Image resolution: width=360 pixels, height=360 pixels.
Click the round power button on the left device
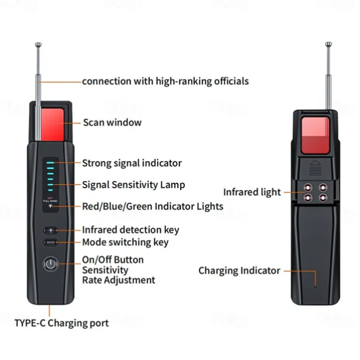51,264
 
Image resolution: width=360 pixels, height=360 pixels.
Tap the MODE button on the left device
51,243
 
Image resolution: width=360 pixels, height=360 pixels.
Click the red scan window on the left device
53,125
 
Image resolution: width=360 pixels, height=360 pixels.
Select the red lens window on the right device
316,135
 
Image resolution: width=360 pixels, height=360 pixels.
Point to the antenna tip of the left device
38,44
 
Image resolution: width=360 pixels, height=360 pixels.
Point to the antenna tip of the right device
329,44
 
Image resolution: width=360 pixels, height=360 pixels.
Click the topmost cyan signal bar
51,163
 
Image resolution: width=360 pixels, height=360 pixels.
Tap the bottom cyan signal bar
51,190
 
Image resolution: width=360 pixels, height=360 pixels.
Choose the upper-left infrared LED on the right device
308,188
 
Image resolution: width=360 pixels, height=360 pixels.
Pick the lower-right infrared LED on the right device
323,198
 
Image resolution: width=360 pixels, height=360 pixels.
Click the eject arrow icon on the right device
315,168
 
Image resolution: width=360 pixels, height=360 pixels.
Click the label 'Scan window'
112,122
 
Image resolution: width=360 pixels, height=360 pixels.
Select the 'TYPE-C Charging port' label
61,323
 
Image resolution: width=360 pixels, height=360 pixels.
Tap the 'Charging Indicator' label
239,271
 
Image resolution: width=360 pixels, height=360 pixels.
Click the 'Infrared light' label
252,192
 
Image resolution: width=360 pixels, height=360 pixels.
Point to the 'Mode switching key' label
125,243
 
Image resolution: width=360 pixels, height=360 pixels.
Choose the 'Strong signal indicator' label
132,163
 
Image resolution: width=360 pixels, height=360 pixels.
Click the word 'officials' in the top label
231,81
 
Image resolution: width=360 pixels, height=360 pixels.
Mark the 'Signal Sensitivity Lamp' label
133,185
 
